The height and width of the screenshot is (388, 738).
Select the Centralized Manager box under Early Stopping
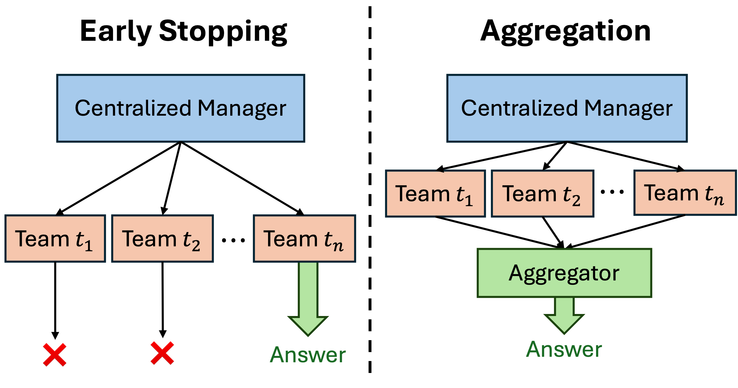pos(181,108)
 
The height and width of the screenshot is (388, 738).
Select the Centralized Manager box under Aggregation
pos(567,108)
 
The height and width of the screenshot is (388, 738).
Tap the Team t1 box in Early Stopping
pos(55,239)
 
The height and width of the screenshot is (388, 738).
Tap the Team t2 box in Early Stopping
pos(163,239)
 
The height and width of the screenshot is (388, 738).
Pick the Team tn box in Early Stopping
pos(305,239)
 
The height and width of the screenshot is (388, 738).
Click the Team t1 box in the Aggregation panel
pos(436,193)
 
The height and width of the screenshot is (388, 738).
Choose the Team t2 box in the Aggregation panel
pos(543,193)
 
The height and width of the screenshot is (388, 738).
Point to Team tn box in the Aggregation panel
pos(685,193)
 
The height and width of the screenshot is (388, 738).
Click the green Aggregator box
pos(564,273)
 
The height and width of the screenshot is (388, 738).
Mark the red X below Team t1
pos(55,355)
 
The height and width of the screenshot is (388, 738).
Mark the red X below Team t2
pos(162,353)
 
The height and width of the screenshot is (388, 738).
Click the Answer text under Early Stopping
pos(308,355)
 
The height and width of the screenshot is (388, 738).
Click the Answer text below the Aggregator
pos(564,349)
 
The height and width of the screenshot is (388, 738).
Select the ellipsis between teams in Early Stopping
pos(233,240)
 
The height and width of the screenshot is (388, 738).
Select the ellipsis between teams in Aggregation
pos(612,192)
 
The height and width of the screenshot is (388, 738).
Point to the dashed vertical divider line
pos(370,189)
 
